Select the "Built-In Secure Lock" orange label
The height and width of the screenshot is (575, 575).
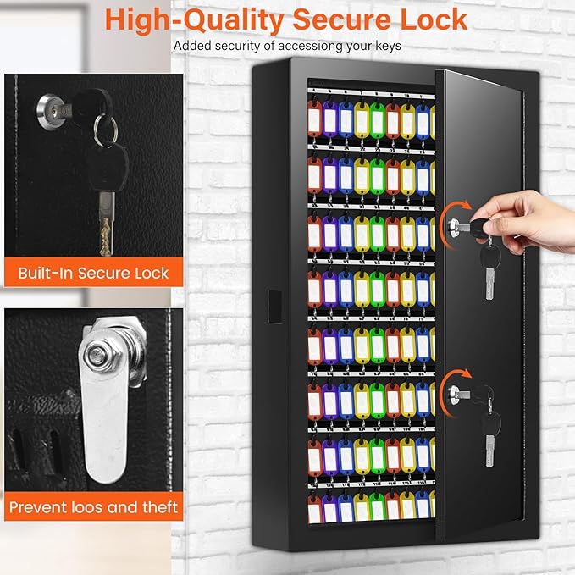pyautogui.click(x=93, y=274)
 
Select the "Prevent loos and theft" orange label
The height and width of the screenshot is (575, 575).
pyautogui.click(x=93, y=507)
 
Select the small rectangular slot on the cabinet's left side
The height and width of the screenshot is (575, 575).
pyautogui.click(x=272, y=301)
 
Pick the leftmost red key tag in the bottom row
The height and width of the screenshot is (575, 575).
pyautogui.click(x=315, y=509)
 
